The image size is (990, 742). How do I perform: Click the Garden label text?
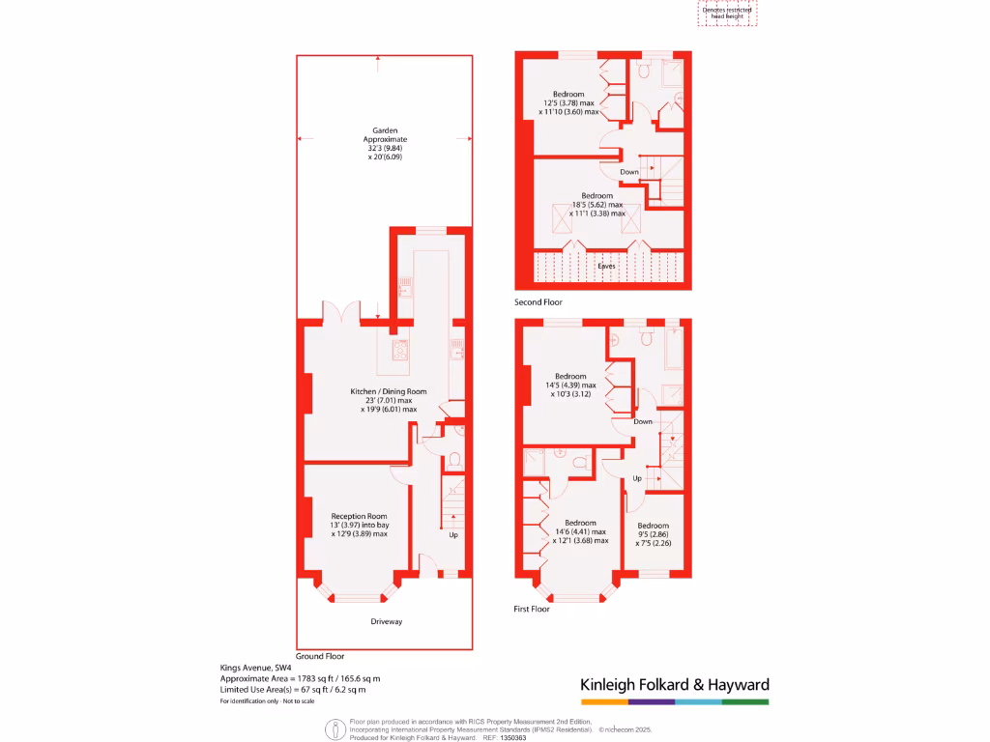click(x=386, y=130)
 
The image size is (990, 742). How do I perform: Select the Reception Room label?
click(x=359, y=516)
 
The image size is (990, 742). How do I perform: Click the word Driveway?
click(x=386, y=621)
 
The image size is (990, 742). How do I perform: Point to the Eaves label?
click(x=605, y=266)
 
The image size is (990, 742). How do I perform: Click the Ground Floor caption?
click(x=320, y=656)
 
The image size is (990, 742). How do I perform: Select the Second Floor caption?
click(x=539, y=302)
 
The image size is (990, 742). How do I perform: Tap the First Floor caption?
click(x=531, y=610)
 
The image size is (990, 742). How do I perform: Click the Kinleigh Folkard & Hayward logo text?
click(x=674, y=685)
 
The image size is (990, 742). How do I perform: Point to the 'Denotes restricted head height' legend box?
click(x=727, y=13)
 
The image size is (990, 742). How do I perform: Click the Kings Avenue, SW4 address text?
click(x=255, y=668)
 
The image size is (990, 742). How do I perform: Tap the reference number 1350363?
click(x=512, y=737)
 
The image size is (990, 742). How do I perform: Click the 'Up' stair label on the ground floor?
click(x=453, y=534)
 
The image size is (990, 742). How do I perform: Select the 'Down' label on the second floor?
click(x=629, y=172)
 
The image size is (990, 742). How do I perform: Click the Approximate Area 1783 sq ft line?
click(x=301, y=679)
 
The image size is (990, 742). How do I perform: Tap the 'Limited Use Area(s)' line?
click(x=293, y=690)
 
